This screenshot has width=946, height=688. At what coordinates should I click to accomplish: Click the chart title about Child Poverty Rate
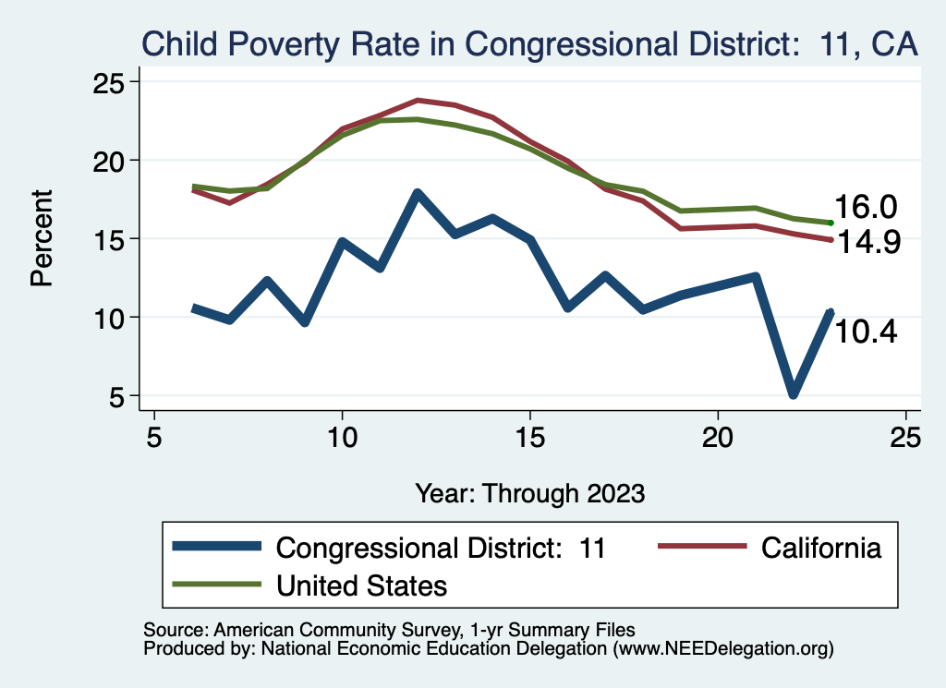click(528, 43)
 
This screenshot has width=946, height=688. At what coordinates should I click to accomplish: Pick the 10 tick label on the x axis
click(342, 437)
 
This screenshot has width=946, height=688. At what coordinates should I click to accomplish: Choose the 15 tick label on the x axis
click(530, 437)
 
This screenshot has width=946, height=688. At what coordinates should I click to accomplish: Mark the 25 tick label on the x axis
click(906, 437)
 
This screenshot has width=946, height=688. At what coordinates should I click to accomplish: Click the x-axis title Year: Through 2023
click(529, 492)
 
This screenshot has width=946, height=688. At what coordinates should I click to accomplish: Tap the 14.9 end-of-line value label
click(867, 242)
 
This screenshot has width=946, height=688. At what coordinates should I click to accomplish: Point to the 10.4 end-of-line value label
click(867, 332)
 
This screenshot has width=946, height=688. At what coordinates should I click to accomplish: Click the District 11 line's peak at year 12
click(418, 193)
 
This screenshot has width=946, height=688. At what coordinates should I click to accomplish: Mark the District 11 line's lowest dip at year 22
click(794, 394)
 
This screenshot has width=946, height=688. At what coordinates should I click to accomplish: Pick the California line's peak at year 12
click(418, 100)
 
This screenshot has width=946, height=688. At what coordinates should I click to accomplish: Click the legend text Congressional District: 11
click(441, 548)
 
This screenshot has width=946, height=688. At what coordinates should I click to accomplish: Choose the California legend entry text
click(821, 548)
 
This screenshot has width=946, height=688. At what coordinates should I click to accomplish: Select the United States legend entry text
click(362, 585)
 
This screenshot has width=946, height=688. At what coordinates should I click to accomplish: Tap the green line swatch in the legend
click(218, 585)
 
